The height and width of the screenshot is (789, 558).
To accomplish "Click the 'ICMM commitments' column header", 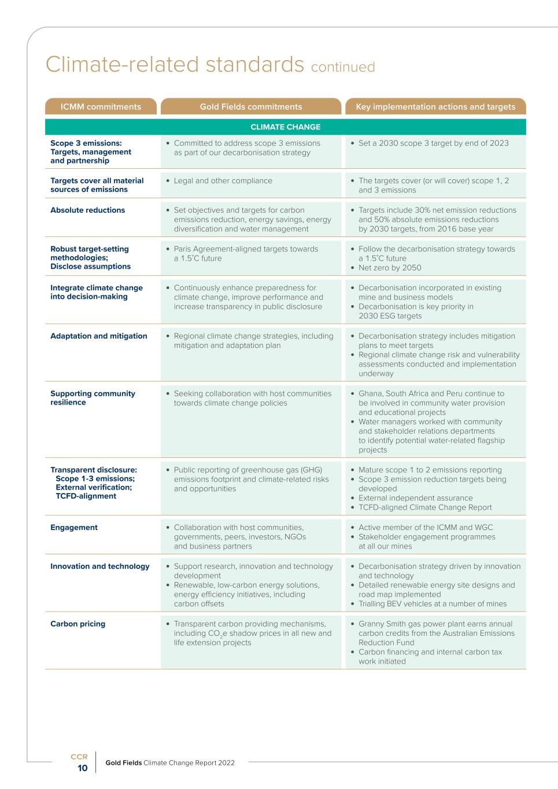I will pos(101,107).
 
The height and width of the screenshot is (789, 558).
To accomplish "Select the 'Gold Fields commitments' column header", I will pos(251,107).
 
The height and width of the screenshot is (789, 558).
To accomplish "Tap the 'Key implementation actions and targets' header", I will pos(435,107).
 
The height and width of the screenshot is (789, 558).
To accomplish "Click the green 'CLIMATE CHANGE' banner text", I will pos(286,127).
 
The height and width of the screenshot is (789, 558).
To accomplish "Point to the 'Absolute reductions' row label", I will pos(87,210).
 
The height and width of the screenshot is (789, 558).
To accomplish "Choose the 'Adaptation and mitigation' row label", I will pos(99,336).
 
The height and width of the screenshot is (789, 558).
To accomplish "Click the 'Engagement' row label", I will pos(74,528).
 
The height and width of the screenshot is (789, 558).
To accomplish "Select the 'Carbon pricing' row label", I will pos(78,624).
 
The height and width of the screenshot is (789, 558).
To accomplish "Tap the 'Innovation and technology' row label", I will pos(100,566).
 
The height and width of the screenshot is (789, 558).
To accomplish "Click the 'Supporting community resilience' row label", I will pos(93,398).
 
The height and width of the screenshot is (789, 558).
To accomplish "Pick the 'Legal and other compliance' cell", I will pos(223,181).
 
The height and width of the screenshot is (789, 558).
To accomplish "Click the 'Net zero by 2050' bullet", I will pos(390,268).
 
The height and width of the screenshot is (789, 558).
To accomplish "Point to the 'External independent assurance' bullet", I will pos(415,498).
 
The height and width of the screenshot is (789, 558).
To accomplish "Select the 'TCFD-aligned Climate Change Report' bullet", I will pos(425,508).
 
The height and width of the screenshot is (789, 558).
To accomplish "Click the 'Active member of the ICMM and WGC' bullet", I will pos(426,528).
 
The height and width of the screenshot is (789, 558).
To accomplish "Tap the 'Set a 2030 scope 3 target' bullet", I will pos(433,143).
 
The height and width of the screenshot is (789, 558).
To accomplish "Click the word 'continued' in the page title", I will pos(343,67).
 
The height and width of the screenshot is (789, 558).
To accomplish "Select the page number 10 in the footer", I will pos(83,768).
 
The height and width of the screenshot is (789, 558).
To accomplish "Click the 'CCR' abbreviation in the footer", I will pos(79,757).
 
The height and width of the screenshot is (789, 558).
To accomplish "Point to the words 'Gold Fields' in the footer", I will pos(123,763).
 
